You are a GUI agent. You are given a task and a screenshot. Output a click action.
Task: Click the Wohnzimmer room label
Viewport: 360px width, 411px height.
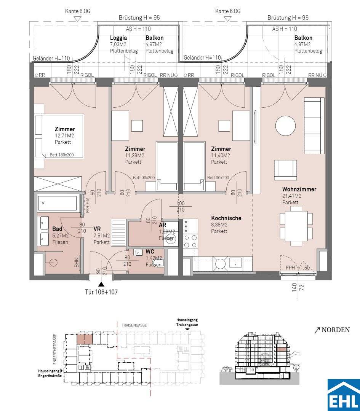coord(299,189)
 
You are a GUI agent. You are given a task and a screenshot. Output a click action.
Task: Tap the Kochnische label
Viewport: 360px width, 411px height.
coord(226,218)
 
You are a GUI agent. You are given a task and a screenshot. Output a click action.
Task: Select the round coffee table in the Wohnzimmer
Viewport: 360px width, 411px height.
coord(285,126)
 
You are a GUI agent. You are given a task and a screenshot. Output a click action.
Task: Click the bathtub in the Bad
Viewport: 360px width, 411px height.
coord(58,203)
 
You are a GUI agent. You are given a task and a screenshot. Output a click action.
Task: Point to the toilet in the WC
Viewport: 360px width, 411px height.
coord(159,262)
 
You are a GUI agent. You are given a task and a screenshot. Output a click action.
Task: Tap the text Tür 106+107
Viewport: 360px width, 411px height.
coord(101,292)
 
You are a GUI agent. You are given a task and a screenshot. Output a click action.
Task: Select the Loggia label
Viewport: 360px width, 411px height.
coord(118,38)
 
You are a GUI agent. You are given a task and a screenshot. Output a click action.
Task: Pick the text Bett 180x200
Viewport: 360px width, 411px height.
coord(62,155)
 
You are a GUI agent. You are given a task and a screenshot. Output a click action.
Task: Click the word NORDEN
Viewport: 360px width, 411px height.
coord(336,330)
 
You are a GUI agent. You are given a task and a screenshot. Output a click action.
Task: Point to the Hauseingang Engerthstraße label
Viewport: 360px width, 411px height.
coord(50,374)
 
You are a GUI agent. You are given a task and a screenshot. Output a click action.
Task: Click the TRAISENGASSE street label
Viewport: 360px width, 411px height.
coord(134,325)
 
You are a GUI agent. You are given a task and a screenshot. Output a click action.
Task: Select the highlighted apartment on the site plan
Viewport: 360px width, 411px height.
coord(85,339)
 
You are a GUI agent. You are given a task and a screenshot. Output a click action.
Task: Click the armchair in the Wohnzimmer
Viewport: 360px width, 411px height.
coord(285,170)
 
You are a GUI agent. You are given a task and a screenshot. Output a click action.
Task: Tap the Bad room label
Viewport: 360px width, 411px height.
coord(57,229)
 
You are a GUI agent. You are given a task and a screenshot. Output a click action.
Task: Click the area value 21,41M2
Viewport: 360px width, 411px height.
coord(292,196)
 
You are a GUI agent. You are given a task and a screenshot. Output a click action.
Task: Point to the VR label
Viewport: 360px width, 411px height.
coord(97,229)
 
